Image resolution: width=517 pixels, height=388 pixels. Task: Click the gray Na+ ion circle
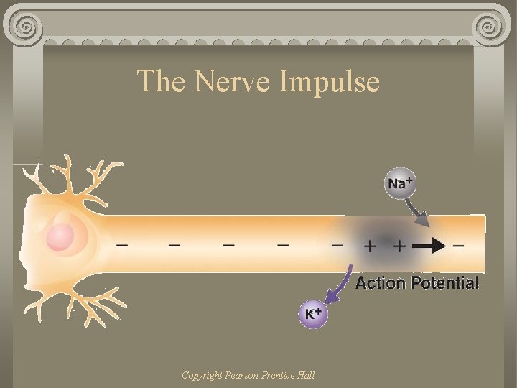point(399,183)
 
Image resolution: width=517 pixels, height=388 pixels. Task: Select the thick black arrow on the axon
point(429,245)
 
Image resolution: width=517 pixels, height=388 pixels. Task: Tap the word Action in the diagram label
point(381,283)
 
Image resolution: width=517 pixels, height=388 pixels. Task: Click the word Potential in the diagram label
point(444,283)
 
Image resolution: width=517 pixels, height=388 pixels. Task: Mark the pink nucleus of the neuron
point(62,236)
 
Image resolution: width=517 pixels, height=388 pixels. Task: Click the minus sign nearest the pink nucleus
point(123,245)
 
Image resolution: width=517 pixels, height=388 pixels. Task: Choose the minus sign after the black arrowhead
point(459,246)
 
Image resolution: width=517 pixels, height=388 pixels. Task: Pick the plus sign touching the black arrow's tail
point(399,246)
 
